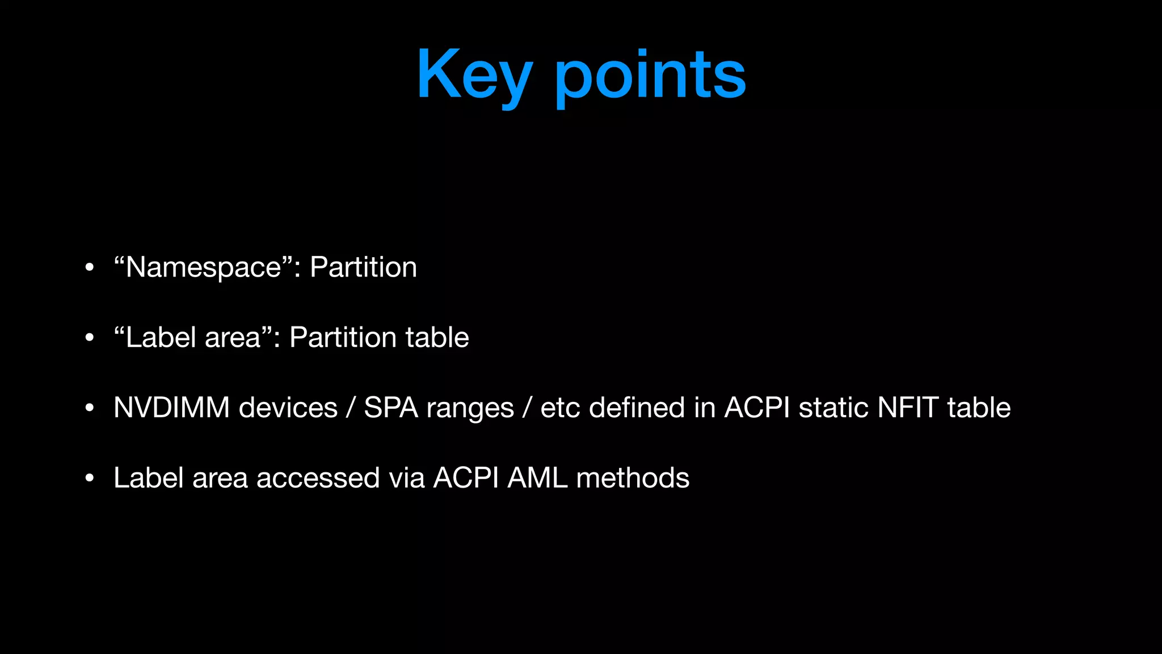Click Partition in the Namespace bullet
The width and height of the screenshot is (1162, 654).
(363, 267)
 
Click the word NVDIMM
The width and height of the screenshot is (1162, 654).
(171, 408)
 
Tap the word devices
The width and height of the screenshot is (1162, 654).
(288, 408)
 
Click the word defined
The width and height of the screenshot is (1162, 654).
(637, 408)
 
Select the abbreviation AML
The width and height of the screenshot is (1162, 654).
(537, 478)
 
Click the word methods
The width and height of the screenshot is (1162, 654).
(633, 478)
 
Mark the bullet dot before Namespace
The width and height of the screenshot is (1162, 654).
(89, 267)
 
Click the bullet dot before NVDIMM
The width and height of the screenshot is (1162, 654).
(89, 408)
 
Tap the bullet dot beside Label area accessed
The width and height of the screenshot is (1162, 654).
(89, 479)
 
